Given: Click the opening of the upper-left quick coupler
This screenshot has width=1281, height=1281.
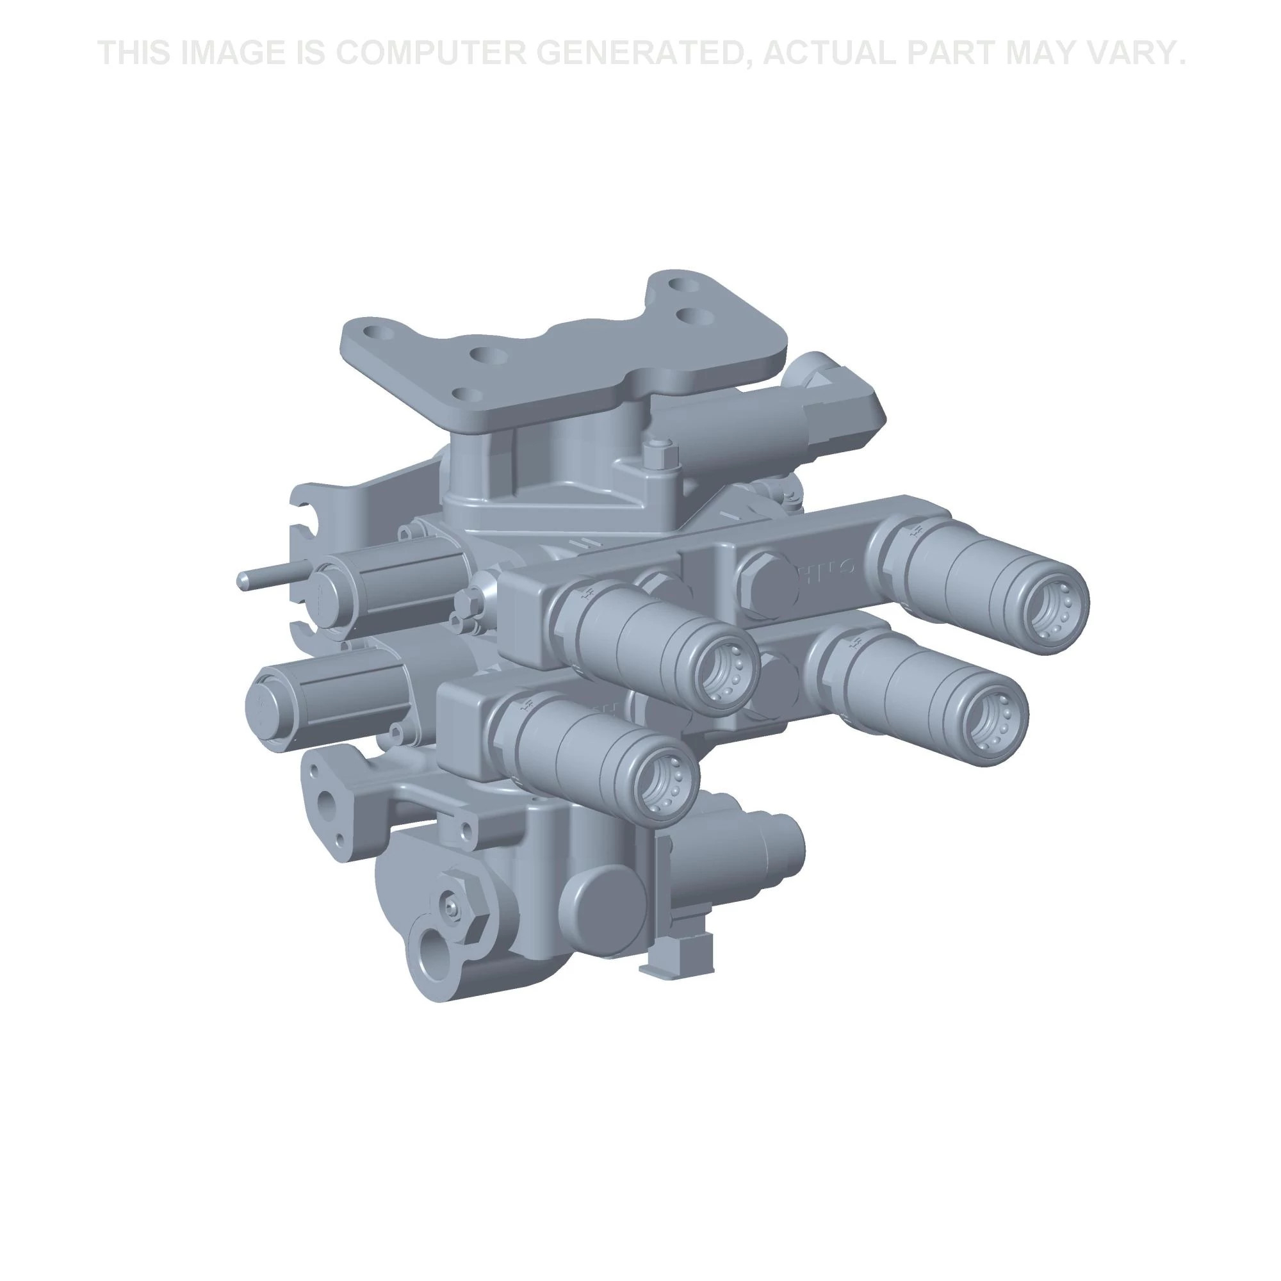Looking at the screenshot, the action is click(x=726, y=674).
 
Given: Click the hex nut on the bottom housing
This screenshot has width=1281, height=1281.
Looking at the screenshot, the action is click(x=458, y=906).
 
